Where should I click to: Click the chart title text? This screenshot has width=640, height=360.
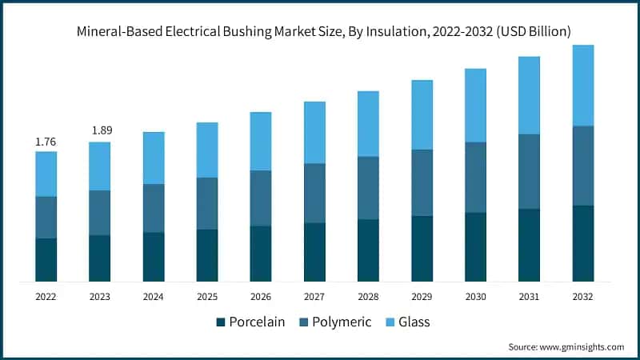coord(324,32)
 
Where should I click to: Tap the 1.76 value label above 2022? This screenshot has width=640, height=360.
coord(46,142)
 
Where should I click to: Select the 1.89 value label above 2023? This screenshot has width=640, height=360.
coord(100,131)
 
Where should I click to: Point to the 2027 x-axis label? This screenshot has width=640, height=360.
coord(314,297)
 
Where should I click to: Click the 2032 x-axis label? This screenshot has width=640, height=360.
coord(582,297)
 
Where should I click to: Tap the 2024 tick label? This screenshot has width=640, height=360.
coord(154,297)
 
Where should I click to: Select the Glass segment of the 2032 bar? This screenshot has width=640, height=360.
coord(582,86)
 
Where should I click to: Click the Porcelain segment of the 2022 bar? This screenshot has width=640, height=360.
coord(46,260)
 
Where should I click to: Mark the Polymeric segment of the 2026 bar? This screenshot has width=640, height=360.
coord(261,198)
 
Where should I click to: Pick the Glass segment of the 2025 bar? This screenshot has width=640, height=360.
coord(207,150)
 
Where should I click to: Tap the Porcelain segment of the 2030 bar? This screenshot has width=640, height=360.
coord(475,247)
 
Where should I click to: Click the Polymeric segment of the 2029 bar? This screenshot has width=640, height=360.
coord(422,183)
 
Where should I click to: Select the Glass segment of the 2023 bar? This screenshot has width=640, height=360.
coord(100,166)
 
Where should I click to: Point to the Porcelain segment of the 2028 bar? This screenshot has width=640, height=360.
coord(368,250)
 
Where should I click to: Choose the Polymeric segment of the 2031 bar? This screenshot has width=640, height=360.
coord(529,172)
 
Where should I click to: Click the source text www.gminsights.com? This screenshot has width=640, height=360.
coord(566,347)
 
